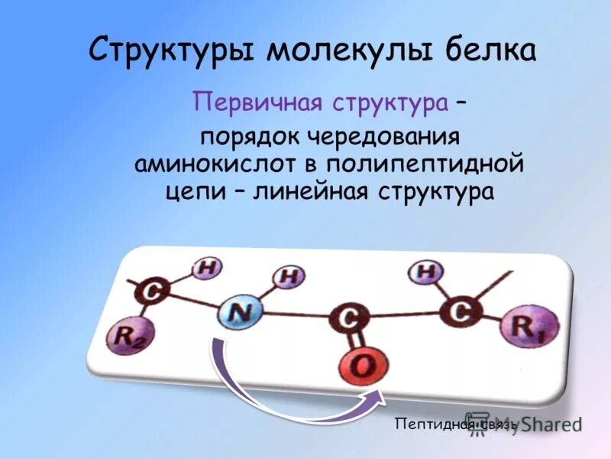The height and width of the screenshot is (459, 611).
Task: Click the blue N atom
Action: tap(241, 311)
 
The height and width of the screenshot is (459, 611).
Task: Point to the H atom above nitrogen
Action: tap(288, 275)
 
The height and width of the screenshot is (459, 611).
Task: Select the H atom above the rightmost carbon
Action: tap(425, 271)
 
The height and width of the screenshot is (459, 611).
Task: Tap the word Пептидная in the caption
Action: tap(428, 423)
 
